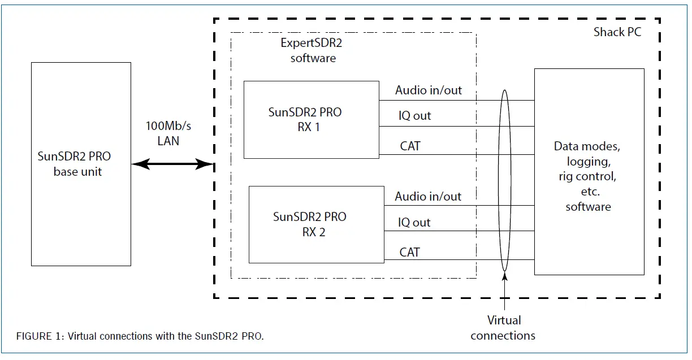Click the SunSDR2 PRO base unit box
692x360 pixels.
tap(81, 164)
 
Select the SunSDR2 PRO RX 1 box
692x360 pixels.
tap(311, 119)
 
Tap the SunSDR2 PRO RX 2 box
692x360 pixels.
tap(316, 224)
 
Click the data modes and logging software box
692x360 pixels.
tap(589, 172)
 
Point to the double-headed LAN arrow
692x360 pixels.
tap(172, 164)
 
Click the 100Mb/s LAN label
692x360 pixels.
tap(168, 133)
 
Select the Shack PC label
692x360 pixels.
tap(617, 32)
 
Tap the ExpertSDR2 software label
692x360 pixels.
tap(313, 51)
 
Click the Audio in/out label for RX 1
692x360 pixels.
tap(428, 90)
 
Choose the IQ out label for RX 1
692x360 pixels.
tap(414, 116)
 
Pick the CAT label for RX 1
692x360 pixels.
tap(410, 146)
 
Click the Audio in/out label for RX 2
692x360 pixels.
tap(428, 197)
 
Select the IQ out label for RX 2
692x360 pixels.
tap(414, 223)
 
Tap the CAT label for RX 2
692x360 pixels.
tap(410, 252)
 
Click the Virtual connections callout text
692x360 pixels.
tap(503, 328)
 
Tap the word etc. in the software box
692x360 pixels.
tap(590, 192)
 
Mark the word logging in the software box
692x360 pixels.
tap(588, 162)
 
